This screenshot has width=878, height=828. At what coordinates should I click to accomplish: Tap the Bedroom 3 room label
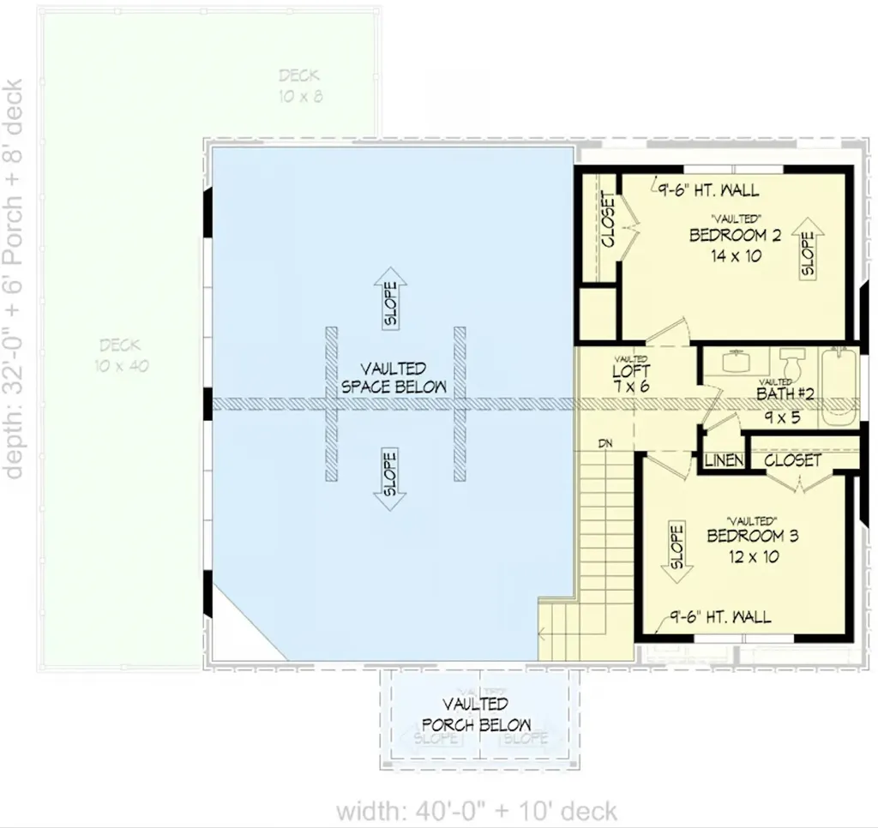(x=752, y=537)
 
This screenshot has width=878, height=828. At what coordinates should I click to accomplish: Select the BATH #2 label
(x=784, y=394)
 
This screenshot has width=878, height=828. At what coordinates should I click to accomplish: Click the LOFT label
(x=630, y=373)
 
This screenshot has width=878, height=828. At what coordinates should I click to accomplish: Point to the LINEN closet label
(x=724, y=461)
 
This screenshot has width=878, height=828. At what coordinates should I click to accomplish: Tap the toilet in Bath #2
(x=791, y=364)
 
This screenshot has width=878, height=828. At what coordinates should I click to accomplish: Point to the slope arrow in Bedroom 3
(x=676, y=553)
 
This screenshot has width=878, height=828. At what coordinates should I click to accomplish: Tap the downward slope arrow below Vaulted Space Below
(x=391, y=479)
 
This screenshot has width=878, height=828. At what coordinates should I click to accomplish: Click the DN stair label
(x=605, y=443)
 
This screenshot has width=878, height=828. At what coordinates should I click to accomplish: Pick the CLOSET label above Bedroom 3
(x=792, y=460)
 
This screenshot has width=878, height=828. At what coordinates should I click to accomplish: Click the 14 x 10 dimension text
(x=736, y=255)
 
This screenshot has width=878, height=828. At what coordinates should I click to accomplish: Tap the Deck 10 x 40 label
(x=120, y=355)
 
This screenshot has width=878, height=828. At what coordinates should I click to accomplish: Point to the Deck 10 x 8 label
(x=299, y=86)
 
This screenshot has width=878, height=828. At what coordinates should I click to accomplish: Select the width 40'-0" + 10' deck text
(x=476, y=810)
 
